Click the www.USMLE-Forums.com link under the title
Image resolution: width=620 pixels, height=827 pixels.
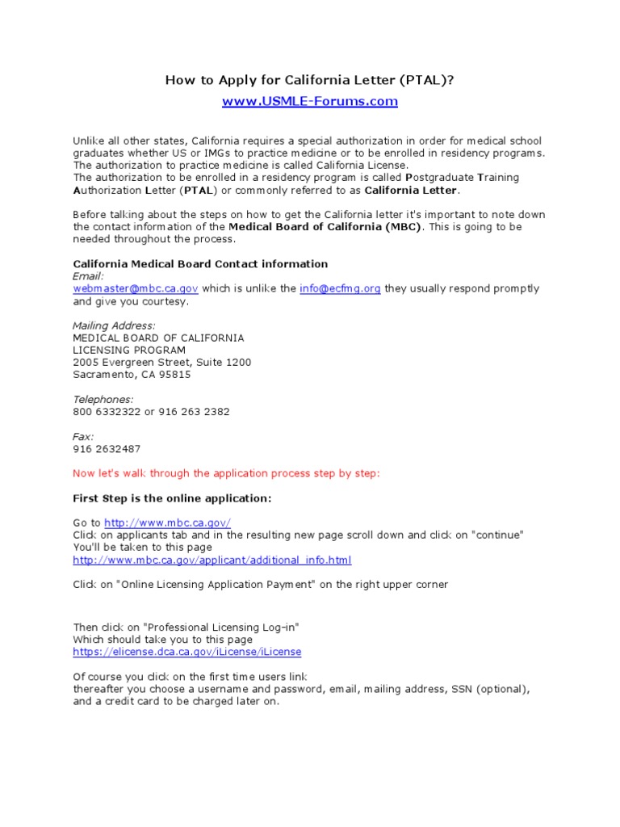point(310,101)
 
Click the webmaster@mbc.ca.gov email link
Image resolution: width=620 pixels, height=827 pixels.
point(136,288)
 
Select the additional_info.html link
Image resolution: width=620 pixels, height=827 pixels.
point(212,560)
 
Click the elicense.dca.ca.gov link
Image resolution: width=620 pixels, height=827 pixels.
point(187,652)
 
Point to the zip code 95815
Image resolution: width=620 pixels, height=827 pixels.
point(175,375)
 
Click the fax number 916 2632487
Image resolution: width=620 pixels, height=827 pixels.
point(107,448)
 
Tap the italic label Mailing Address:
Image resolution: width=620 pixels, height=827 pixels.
point(115,325)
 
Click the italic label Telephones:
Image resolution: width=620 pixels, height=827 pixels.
point(103,399)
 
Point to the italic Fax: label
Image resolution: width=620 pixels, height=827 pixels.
point(84,436)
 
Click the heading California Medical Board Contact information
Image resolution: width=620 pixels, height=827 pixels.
point(200,264)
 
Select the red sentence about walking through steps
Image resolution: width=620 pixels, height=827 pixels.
point(226,473)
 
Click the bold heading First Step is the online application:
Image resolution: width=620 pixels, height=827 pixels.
point(173,498)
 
